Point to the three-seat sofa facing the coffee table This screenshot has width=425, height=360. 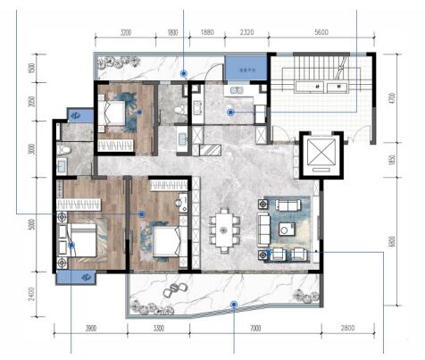point(264,223)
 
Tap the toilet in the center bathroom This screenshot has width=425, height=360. point(179,110)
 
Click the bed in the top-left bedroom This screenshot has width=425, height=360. point(115,114)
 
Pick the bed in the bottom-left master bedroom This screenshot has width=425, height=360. point(80,241)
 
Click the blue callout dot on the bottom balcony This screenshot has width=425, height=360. point(234,305)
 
